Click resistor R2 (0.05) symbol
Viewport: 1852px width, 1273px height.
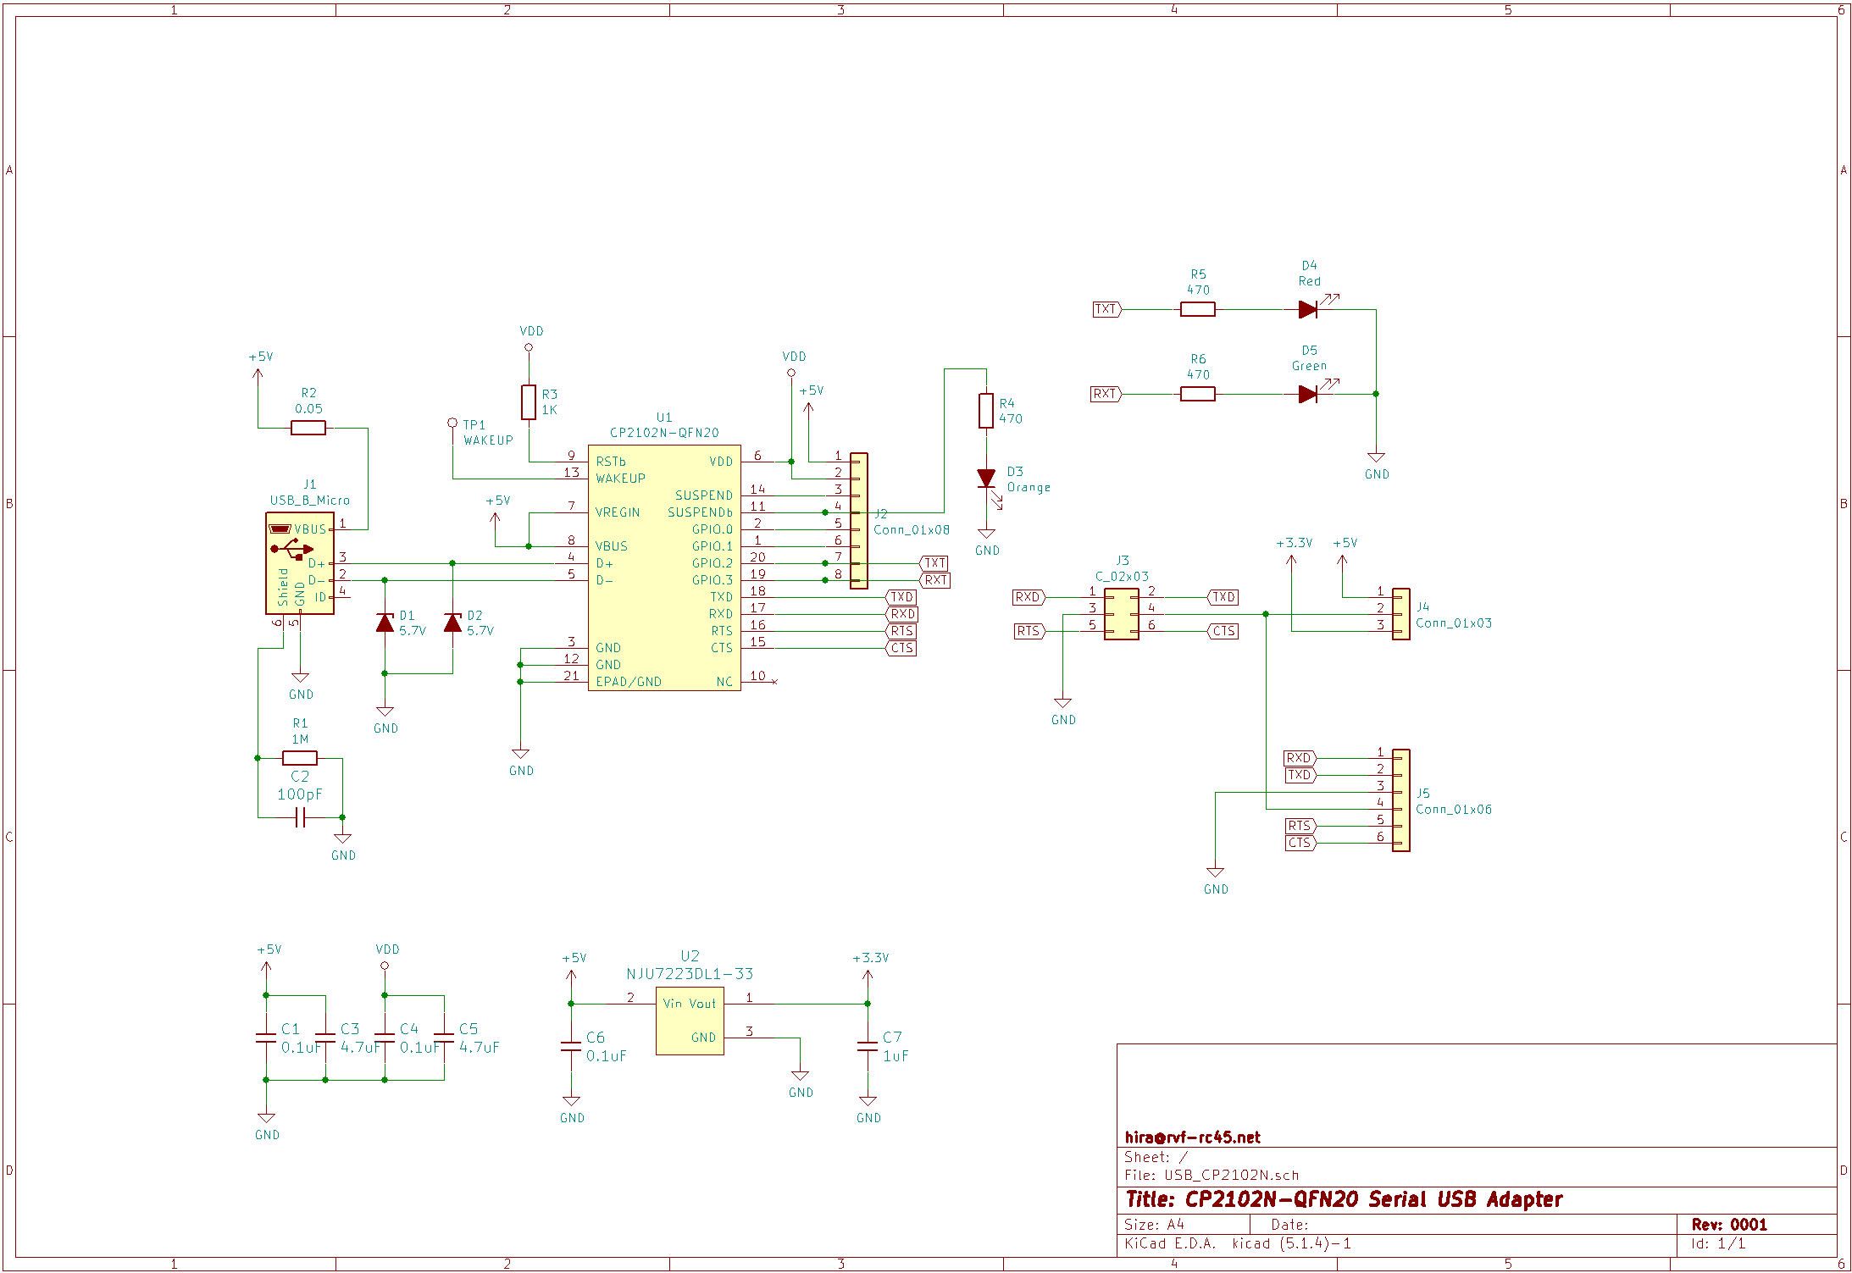[308, 428]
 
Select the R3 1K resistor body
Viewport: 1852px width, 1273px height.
[528, 402]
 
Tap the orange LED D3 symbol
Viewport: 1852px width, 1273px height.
[985, 479]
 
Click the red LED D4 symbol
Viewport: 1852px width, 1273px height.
[1307, 309]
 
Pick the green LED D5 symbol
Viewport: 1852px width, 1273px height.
[1307, 394]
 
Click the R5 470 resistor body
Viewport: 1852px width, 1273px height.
[1197, 309]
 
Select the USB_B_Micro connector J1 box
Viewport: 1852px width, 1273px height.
[299, 563]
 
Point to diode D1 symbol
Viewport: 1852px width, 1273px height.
[385, 623]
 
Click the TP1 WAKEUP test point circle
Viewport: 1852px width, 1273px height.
[452, 423]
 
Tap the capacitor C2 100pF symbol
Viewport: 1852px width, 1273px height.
[300, 817]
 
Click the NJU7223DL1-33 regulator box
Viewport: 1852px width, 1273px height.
[690, 1021]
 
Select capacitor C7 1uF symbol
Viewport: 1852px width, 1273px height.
[867, 1046]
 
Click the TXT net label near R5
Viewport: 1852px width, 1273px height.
[1106, 309]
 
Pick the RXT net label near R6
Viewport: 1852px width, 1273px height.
[1105, 394]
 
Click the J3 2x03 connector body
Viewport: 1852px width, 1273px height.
[1121, 614]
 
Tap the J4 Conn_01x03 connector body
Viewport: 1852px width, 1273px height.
[1401, 614]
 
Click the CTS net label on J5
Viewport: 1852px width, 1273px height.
[1300, 843]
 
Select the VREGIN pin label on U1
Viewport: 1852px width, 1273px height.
[618, 512]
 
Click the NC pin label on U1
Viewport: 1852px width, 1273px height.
[724, 682]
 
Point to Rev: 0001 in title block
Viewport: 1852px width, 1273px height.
[1728, 1225]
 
